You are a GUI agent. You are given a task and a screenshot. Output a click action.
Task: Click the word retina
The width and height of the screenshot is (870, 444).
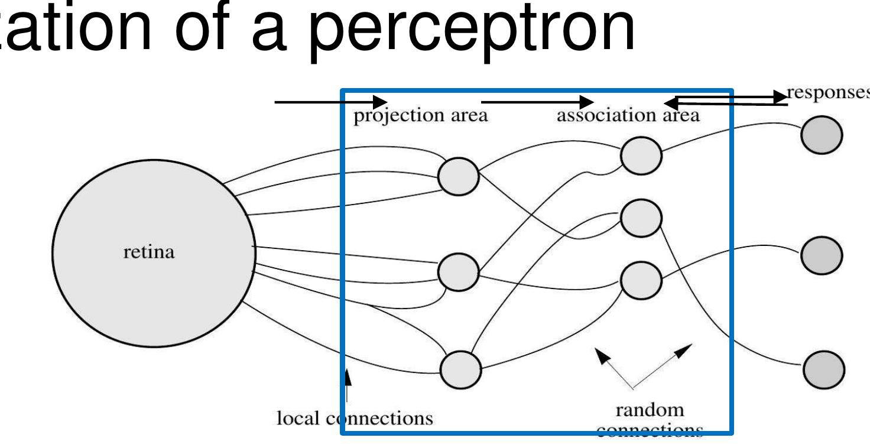pos(149,252)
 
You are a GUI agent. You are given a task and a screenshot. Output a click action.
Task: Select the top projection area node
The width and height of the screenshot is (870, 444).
pos(458,176)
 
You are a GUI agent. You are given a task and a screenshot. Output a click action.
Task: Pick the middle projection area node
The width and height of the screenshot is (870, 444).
pos(458,272)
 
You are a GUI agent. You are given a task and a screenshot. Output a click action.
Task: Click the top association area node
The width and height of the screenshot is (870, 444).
pos(641,155)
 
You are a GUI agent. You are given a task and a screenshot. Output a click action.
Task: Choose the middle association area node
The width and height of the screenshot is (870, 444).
pos(641,218)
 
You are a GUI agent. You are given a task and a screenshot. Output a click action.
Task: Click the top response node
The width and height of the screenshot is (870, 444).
pos(822,135)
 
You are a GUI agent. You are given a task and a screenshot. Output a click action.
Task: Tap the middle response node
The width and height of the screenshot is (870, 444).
pos(822,254)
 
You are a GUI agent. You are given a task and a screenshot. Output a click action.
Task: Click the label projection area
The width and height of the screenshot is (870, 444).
pos(420,115)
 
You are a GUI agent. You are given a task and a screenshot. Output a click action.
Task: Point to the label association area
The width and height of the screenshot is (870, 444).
pos(628,115)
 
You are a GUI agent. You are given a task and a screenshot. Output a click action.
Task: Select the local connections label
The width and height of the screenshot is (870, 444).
pos(355,419)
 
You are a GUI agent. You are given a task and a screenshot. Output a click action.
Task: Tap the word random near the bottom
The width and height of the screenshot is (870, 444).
pos(650,410)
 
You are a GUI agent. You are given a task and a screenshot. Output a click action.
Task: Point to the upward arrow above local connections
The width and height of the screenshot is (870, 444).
pos(348,385)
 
